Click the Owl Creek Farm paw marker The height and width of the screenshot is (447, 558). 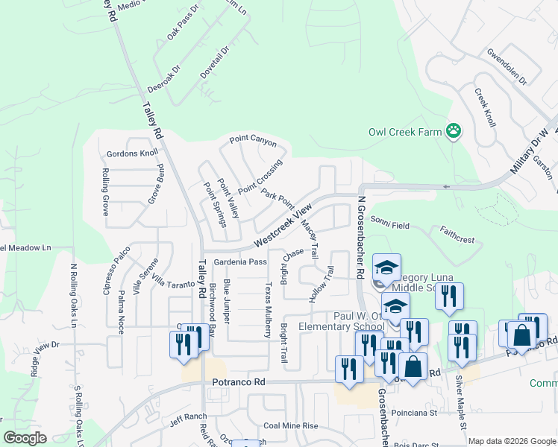click(x=454, y=132)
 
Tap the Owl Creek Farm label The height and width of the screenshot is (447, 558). click(x=405, y=133)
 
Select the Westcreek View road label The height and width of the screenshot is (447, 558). click(x=280, y=228)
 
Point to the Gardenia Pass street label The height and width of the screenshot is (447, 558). click(x=240, y=262)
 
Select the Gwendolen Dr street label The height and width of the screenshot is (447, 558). click(x=507, y=67)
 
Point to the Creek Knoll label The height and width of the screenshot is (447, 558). click(x=485, y=107)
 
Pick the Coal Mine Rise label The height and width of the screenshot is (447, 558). click(x=290, y=426)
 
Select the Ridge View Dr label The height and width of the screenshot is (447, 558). click(x=45, y=356)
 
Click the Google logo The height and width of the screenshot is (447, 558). click(x=25, y=438)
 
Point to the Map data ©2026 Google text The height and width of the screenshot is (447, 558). click(x=511, y=441)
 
